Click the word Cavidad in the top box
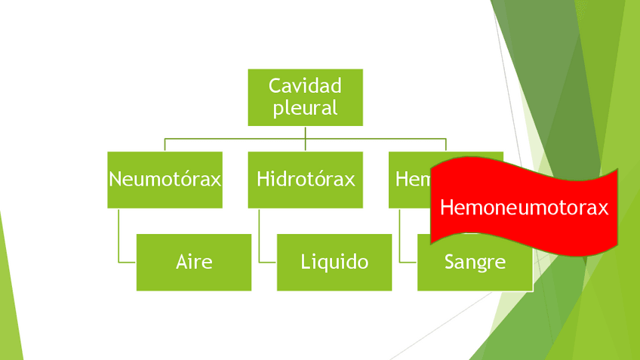[x=305, y=85]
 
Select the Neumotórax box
[x=165, y=180]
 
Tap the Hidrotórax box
[x=305, y=180]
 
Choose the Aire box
[x=194, y=262]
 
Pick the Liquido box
[x=334, y=262]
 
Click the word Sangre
[x=475, y=263]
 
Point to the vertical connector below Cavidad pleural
[x=305, y=132]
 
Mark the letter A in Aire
[x=182, y=262]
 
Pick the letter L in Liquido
[x=305, y=262]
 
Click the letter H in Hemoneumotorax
[x=445, y=208]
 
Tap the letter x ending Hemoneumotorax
[x=603, y=208]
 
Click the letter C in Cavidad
[x=275, y=85]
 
